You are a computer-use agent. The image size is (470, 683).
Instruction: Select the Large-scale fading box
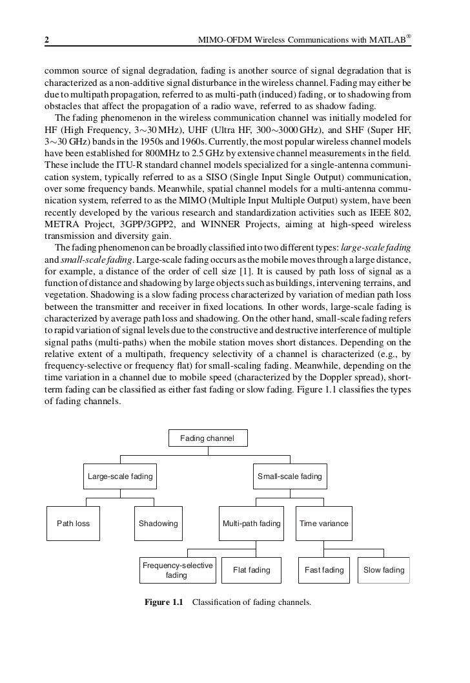(120, 477)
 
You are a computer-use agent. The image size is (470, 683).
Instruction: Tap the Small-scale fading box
(289, 477)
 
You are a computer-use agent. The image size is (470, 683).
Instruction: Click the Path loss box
(73, 524)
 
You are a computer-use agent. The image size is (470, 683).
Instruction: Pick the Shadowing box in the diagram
(158, 524)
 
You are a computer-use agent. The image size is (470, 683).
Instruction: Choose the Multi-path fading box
(251, 524)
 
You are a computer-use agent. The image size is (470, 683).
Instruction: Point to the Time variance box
(324, 524)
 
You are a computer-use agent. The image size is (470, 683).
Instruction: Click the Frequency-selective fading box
(178, 570)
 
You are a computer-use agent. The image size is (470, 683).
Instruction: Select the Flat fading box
(251, 570)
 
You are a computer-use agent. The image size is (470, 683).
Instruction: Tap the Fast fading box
(324, 570)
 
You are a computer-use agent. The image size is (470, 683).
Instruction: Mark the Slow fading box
(384, 570)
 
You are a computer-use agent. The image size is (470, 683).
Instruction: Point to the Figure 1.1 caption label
(164, 603)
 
